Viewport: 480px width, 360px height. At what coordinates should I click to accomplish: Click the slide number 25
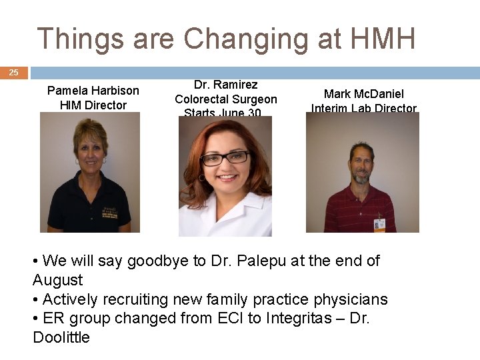click(13, 73)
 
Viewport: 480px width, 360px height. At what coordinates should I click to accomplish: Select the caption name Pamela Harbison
click(93, 91)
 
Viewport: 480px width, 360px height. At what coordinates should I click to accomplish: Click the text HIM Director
click(93, 105)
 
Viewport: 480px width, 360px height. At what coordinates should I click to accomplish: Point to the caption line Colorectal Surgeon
click(226, 99)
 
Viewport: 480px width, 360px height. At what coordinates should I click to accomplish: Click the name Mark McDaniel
click(364, 94)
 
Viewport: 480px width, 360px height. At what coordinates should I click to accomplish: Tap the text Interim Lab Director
click(364, 109)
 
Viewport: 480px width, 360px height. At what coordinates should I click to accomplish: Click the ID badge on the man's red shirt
click(379, 224)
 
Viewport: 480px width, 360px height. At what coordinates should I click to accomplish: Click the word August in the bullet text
click(58, 280)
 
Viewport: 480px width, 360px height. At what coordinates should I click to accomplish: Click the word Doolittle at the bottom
click(61, 337)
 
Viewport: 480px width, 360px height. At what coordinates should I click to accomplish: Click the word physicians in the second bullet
click(351, 300)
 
